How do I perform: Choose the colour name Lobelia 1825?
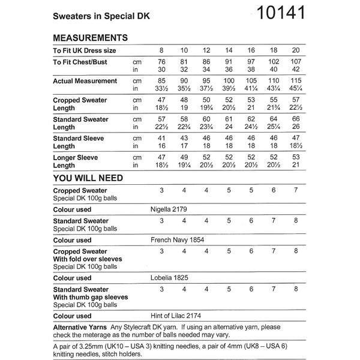[171, 278]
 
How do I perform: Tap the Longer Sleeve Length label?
[75, 161]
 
